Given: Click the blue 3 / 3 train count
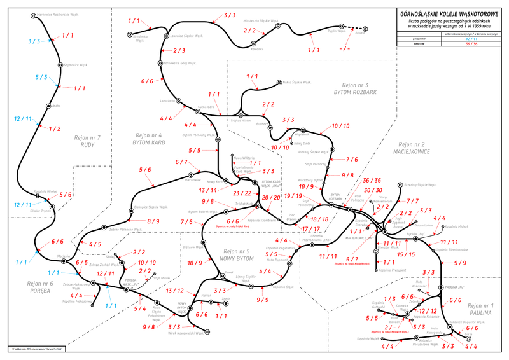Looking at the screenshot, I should point(34,41).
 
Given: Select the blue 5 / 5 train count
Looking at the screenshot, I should point(41,78).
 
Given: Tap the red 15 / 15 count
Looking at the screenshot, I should point(405,254).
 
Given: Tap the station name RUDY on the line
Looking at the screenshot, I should point(56,106).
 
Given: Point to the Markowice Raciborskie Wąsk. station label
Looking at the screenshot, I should point(69,13).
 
